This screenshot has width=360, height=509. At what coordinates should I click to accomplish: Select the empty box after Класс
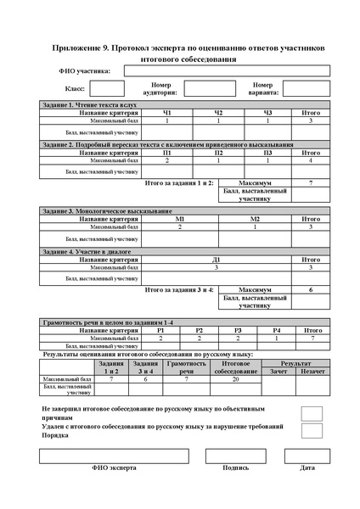[107, 87]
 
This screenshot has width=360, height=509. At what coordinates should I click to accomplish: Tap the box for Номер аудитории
[209, 87]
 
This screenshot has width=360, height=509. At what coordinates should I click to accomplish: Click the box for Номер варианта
[306, 87]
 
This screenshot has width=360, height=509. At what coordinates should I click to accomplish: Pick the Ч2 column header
[218, 113]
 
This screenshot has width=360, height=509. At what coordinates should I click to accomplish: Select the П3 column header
[267, 153]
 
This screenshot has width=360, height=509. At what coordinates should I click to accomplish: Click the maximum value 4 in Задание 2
[311, 160]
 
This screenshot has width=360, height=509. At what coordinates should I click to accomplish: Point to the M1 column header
[179, 219]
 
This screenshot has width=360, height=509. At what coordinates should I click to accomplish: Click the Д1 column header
[217, 260]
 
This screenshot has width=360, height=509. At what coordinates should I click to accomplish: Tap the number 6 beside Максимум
[311, 289]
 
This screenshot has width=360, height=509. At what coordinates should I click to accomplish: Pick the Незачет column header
[312, 371]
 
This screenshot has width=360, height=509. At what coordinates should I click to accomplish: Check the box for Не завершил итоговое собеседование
[312, 413]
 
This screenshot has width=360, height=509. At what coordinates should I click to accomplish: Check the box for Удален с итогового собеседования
[312, 432]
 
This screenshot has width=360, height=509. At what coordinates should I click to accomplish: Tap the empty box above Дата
[307, 456]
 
